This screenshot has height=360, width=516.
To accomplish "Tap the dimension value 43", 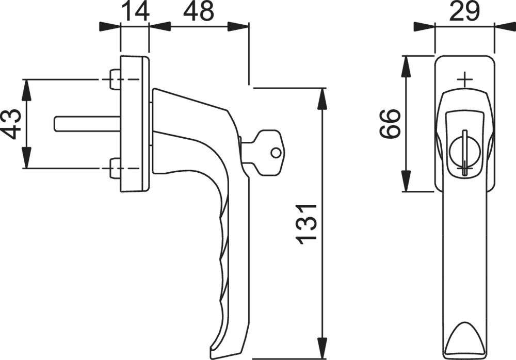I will (12, 124).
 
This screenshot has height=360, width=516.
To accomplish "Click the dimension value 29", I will (464, 11).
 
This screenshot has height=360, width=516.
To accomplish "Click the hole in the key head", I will (277, 153).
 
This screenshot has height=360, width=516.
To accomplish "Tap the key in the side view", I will (263, 148).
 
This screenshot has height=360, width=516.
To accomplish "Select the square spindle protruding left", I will (85, 124).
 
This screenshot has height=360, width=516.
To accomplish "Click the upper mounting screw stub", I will (115, 79).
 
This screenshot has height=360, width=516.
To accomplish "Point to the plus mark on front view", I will (465, 79).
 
